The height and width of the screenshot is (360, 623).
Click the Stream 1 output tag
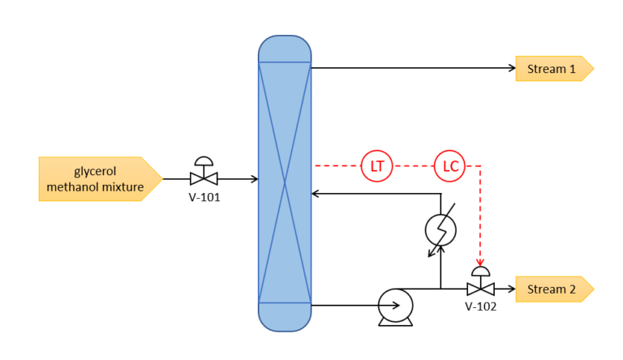click(x=553, y=69)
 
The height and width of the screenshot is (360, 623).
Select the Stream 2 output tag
click(x=553, y=289)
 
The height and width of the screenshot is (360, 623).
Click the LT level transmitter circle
click(x=376, y=166)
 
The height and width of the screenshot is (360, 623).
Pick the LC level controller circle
click(x=450, y=166)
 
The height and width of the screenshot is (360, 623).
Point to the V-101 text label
click(x=206, y=196)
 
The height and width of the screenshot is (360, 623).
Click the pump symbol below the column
click(x=396, y=306)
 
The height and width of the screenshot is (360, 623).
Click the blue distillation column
click(x=285, y=183)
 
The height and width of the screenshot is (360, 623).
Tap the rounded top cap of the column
click(x=285, y=49)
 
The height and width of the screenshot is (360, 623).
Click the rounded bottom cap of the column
click(x=285, y=316)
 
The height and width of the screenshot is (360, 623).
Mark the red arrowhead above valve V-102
click(x=480, y=262)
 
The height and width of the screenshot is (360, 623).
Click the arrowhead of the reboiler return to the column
click(x=316, y=194)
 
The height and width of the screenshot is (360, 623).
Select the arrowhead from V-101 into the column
click(x=254, y=178)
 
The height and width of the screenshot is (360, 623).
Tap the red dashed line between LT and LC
click(x=414, y=166)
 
